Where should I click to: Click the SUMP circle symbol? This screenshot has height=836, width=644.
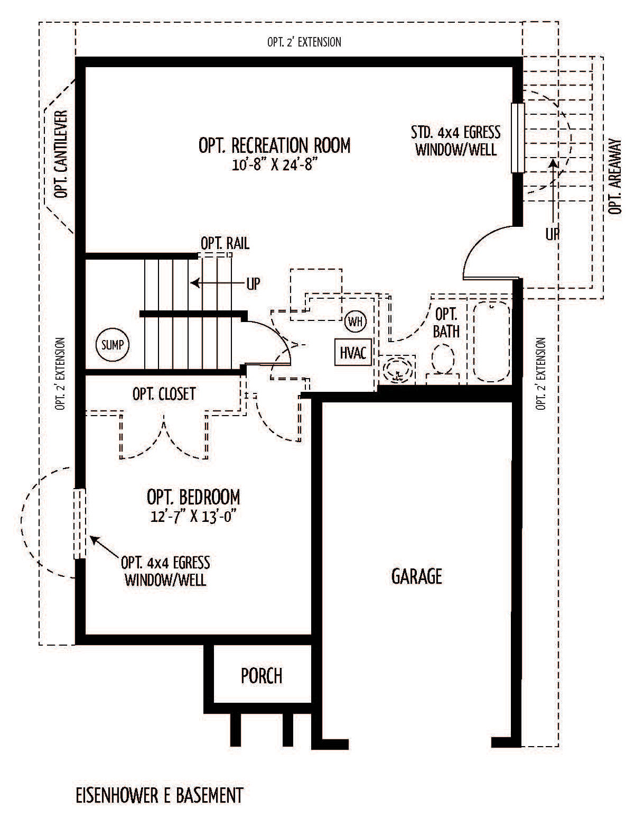[112, 345]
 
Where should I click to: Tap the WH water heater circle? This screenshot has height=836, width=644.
[356, 321]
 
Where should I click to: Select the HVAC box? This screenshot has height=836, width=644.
[353, 353]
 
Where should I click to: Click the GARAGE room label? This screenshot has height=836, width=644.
[416, 576]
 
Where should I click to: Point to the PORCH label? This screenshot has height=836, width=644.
[262, 676]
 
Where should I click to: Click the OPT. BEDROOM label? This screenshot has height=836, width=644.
[193, 497]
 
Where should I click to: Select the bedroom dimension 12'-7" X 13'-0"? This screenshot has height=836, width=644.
[192, 516]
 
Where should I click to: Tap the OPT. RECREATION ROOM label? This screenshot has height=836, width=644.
[274, 145]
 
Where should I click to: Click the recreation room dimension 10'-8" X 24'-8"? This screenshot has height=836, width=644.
[274, 164]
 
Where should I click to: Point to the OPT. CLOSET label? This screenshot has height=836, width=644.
[164, 394]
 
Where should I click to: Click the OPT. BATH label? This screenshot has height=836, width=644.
[446, 323]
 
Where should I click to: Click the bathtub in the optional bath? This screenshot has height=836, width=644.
[491, 341]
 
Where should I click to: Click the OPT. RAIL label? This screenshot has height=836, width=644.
[225, 243]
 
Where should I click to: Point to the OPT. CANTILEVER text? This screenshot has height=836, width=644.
[62, 154]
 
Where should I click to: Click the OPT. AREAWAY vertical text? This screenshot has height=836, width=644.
[614, 177]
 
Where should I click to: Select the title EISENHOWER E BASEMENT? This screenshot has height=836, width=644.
[159, 795]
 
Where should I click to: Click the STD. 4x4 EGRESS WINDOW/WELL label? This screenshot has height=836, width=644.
[455, 141]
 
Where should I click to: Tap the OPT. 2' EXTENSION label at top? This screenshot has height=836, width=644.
[304, 42]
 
